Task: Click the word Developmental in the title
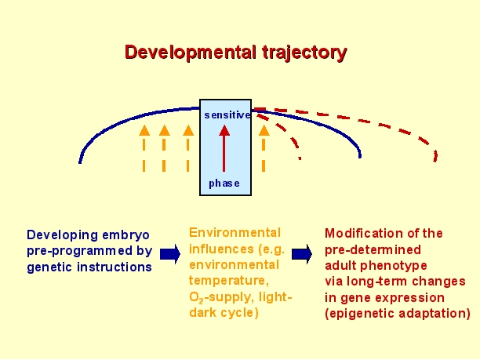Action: (190, 53)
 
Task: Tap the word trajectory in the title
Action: (304, 53)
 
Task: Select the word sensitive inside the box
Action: (227, 115)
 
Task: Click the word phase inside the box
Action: (224, 184)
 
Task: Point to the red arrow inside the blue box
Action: (224, 148)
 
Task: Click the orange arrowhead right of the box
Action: (264, 130)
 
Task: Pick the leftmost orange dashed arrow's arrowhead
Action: (144, 130)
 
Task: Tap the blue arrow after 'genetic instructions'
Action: (170, 253)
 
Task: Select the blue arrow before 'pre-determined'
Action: (302, 253)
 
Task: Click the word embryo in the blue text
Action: (125, 235)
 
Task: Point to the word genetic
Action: (49, 267)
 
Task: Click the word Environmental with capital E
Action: (235, 233)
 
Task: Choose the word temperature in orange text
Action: (229, 281)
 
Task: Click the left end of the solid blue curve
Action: (80, 162)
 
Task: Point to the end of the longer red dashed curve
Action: (435, 161)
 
